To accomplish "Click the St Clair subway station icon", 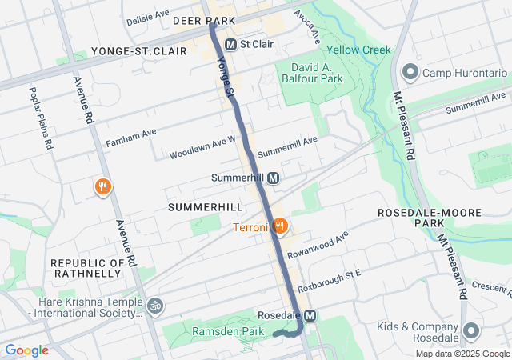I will point(231,44).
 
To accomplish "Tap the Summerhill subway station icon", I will point(274,178).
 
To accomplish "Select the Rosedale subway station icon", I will point(310,315).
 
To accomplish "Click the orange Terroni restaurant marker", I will point(279,226).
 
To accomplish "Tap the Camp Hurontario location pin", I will point(410,73).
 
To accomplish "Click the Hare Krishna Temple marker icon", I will point(155,305).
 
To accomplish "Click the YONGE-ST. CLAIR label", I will point(139,51).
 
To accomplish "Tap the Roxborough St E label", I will point(330,279).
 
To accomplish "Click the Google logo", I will point(26,350).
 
